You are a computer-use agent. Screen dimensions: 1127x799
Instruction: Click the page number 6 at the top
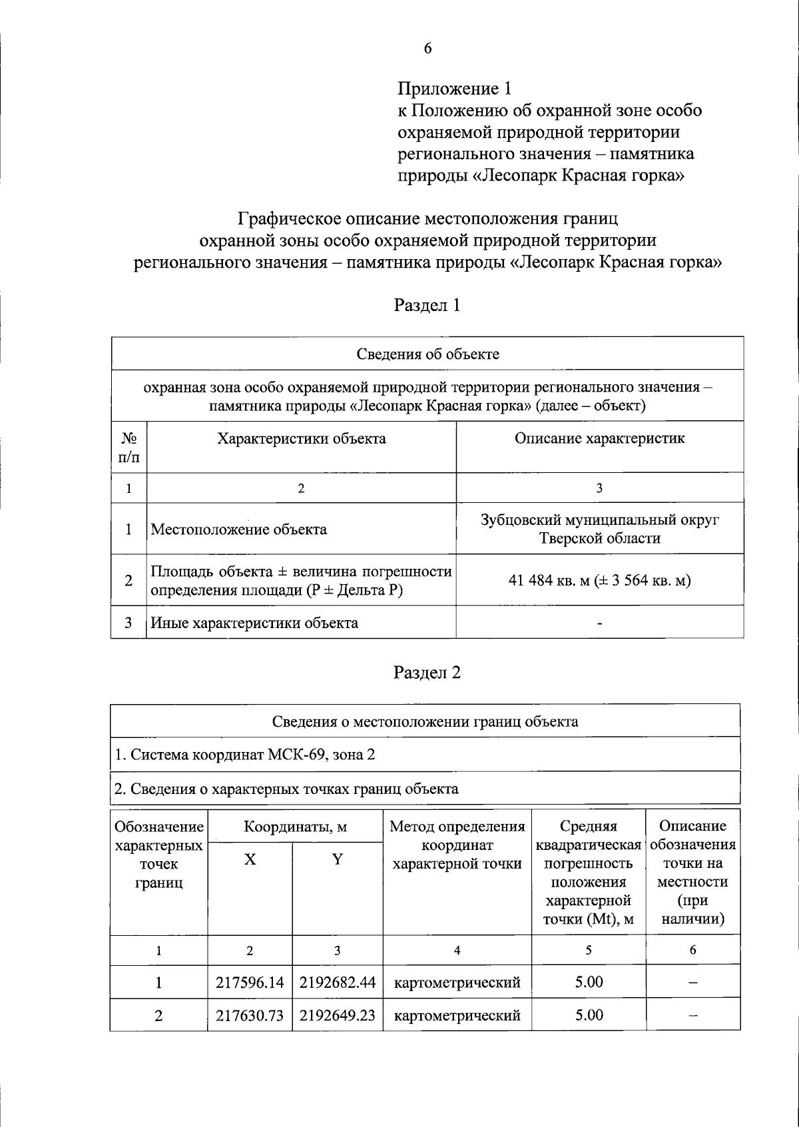coord(427,48)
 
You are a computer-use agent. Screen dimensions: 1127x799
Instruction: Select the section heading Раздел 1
coord(427,305)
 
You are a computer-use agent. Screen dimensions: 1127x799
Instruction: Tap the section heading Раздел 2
coord(427,673)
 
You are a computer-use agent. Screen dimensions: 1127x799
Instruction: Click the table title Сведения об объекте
coord(427,354)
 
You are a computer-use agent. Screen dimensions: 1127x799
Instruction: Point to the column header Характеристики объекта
coord(301,439)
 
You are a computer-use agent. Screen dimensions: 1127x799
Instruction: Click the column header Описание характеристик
coord(599,439)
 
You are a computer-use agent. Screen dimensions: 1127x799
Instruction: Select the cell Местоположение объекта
coord(239,530)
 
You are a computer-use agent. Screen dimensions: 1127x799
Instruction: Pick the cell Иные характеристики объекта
coord(254,623)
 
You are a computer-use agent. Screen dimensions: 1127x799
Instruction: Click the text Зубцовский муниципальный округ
coord(599,520)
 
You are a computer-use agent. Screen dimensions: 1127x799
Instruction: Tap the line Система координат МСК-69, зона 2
coord(245,755)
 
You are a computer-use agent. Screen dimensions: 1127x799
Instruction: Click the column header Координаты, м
coord(295,827)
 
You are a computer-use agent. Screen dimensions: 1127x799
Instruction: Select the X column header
coord(250,860)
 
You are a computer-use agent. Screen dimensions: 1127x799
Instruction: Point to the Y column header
coord(338,860)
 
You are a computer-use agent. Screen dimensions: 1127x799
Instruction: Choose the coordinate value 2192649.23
coord(337,1016)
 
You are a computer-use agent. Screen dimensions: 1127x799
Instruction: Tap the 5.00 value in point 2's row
coord(589,1016)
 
